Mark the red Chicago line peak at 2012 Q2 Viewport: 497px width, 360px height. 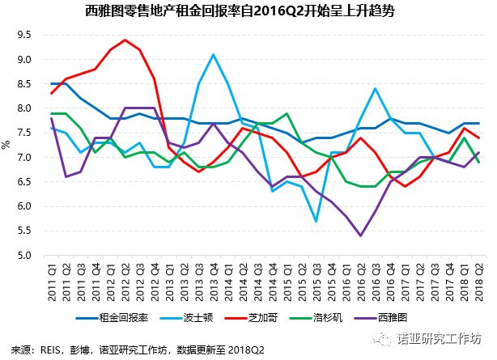[x=125, y=40]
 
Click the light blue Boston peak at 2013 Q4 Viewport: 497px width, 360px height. [x=213, y=55]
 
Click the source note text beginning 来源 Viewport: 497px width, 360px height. [x=138, y=349]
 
